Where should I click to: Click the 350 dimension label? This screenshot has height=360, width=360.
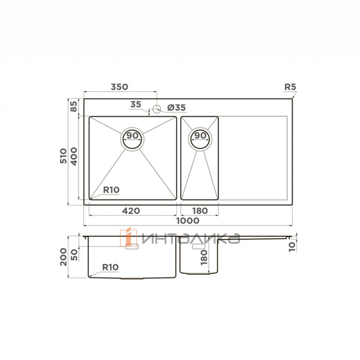tap(119, 87)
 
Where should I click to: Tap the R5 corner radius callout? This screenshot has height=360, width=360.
tap(290, 87)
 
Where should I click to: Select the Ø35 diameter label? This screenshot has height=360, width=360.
tap(176, 108)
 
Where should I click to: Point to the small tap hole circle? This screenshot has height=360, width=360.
tap(157, 109)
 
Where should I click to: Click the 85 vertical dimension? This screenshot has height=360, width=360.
tap(74, 106)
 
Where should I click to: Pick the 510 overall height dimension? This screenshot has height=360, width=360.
tap(63, 156)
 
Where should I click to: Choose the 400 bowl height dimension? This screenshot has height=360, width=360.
tap(74, 157)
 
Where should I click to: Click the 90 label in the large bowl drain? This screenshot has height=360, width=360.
tap(132, 136)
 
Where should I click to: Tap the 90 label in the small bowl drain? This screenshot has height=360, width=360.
tap(200, 136)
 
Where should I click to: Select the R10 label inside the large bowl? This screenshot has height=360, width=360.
tap(111, 190)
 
